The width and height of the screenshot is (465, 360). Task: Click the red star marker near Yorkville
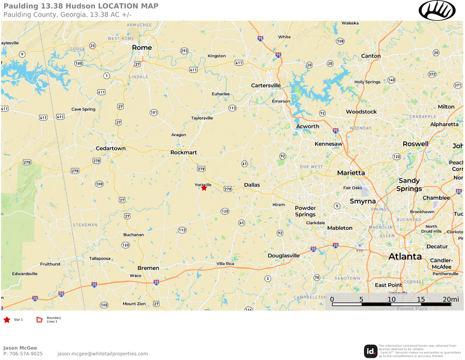tap(204, 188)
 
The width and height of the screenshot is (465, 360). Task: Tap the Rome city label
tap(142, 47)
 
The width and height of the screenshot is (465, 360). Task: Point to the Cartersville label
tap(266, 85)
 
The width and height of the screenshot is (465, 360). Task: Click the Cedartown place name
tap(110, 148)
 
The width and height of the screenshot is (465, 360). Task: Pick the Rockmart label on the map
tap(184, 153)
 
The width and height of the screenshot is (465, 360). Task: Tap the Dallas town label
tap(252, 185)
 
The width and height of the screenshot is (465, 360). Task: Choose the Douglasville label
tap(284, 255)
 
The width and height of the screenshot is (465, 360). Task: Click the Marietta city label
tap(351, 173)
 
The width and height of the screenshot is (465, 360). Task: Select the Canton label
tap(371, 56)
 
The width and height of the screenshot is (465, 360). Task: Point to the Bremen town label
tap(148, 268)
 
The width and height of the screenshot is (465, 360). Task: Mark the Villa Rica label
tap(226, 263)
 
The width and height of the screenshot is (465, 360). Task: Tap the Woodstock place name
tap(361, 112)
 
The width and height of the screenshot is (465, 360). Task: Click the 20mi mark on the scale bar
tap(451, 300)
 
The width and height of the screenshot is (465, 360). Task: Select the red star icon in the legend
tap(6, 319)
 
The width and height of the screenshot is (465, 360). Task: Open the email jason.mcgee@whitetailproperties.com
tap(102, 354)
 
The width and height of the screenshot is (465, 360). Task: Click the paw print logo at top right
tap(437, 10)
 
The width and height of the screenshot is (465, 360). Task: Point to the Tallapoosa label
tap(100, 259)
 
